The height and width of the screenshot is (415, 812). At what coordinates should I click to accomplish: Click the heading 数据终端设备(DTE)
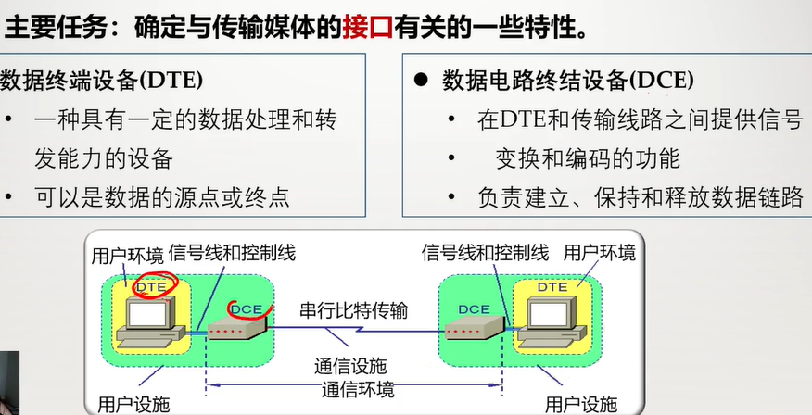pos(102,80)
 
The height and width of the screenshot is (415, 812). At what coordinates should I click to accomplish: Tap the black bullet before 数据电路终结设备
pos(420,80)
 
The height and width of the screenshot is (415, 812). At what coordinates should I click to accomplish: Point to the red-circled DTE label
pos(151,287)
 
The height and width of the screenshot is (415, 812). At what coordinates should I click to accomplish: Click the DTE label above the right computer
pos(553,287)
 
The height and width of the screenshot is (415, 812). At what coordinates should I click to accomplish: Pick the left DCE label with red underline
pos(246,308)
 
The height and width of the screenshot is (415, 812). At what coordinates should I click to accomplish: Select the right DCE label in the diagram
pos(475,308)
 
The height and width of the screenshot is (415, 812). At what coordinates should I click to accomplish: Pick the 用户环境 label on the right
pos(600,252)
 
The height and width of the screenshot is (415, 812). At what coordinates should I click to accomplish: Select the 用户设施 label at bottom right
pos(581,403)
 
